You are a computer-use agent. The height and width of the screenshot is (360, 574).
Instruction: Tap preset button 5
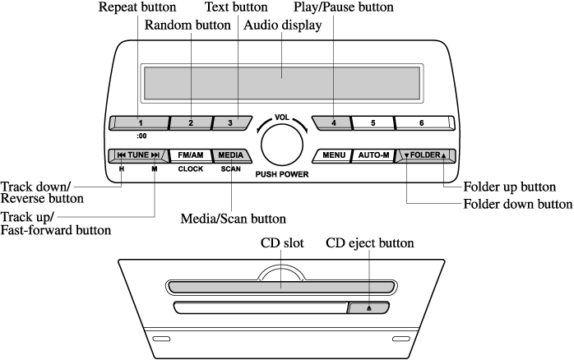point(373,123)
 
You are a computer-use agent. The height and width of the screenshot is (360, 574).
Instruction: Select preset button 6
point(424,123)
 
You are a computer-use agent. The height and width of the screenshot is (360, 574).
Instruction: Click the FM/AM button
point(190,155)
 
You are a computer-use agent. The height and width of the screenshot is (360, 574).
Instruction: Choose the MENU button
point(333,155)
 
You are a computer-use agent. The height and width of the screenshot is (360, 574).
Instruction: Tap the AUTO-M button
point(373,155)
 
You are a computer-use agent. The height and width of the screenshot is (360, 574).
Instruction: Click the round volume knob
point(282,144)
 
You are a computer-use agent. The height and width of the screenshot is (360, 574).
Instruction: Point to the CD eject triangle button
point(368,307)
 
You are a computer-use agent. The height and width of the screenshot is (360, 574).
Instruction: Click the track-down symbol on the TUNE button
point(122,155)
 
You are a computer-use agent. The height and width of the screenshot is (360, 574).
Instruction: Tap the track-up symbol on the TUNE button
point(155,155)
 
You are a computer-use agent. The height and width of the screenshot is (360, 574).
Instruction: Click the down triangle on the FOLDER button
point(406,156)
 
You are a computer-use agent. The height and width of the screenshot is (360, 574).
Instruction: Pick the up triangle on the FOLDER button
point(444,156)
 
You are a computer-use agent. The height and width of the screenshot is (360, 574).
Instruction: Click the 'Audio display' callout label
point(283,25)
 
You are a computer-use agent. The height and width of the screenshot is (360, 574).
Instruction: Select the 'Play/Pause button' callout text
point(344,7)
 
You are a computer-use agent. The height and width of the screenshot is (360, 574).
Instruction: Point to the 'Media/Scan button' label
point(234,219)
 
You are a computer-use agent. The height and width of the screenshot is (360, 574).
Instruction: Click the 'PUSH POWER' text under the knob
point(282,174)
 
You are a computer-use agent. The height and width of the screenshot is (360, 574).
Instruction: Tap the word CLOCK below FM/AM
point(190,169)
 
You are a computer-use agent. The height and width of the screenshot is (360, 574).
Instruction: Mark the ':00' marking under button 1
point(141,136)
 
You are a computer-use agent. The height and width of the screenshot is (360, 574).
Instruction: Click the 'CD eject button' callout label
point(370,243)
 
